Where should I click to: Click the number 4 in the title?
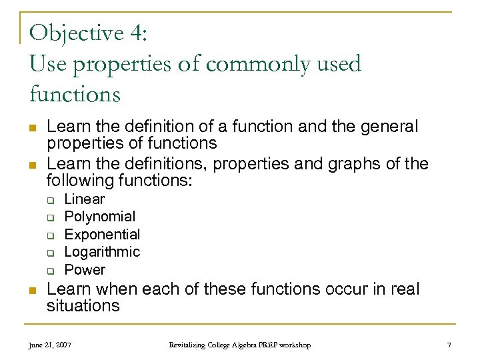click(135, 33)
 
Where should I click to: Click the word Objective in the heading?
click(77, 33)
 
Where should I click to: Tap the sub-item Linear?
click(84, 199)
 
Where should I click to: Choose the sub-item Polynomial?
click(99, 217)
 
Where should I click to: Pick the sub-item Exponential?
click(102, 235)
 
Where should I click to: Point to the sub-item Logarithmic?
click(102, 252)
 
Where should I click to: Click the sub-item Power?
click(85, 270)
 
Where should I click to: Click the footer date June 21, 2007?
click(50, 345)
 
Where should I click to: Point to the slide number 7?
click(449, 345)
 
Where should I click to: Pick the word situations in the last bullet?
click(83, 307)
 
